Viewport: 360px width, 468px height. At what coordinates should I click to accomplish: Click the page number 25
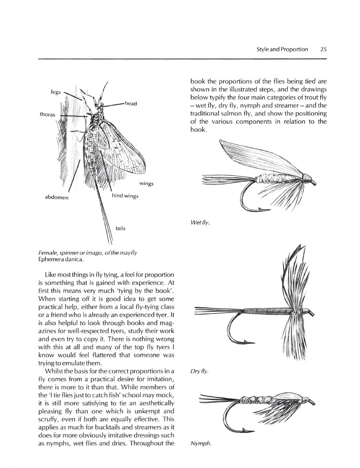(323, 49)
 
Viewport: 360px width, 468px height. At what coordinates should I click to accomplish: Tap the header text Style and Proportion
(282, 49)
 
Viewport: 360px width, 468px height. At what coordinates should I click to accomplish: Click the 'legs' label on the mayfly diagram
(56, 92)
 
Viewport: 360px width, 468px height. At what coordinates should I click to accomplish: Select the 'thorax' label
(48, 114)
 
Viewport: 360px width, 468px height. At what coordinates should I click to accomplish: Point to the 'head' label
(131, 103)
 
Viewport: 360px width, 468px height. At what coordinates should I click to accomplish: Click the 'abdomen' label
(57, 197)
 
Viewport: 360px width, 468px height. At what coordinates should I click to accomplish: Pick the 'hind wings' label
(125, 196)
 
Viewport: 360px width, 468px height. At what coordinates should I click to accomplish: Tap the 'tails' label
(120, 228)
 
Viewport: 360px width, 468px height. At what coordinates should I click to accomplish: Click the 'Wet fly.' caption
(200, 223)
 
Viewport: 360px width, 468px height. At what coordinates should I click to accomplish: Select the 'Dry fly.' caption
(199, 372)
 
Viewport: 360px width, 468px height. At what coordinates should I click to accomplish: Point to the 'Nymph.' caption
(201, 443)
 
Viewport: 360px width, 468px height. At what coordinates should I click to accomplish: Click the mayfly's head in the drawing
(99, 106)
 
